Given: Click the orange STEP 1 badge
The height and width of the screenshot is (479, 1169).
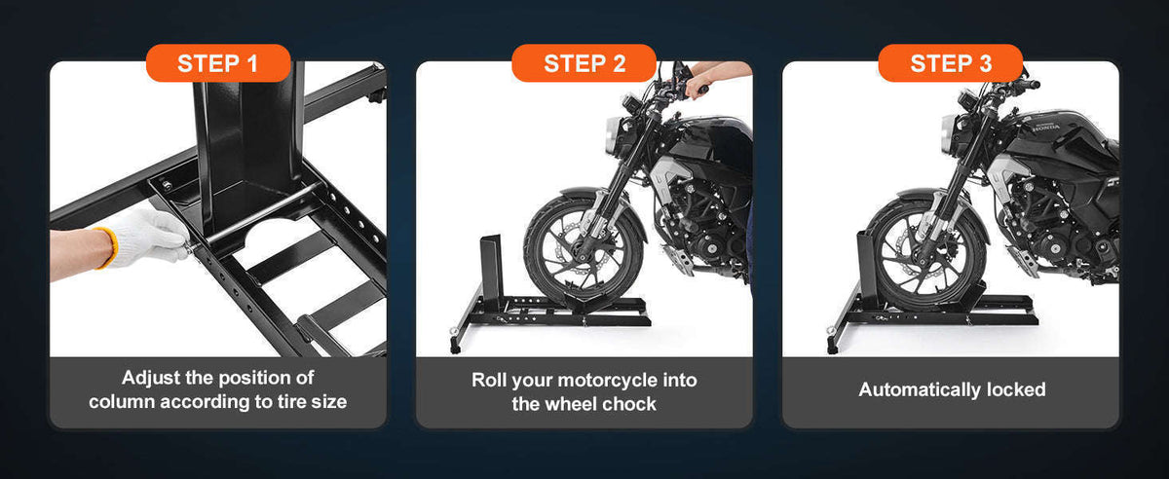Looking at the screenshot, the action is (218, 63).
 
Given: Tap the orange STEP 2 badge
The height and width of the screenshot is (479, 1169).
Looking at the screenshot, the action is (584, 63).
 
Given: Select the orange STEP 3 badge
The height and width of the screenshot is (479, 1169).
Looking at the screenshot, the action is (951, 63).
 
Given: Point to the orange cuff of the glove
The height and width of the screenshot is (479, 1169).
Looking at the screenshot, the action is (106, 248).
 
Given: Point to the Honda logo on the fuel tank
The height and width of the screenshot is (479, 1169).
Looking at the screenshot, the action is (1046, 128).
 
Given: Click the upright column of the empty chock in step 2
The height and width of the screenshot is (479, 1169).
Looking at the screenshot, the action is (491, 270).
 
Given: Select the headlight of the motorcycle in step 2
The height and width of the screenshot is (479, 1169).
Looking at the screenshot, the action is (612, 134).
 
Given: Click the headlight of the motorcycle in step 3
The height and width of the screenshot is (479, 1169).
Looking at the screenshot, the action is (948, 134).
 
